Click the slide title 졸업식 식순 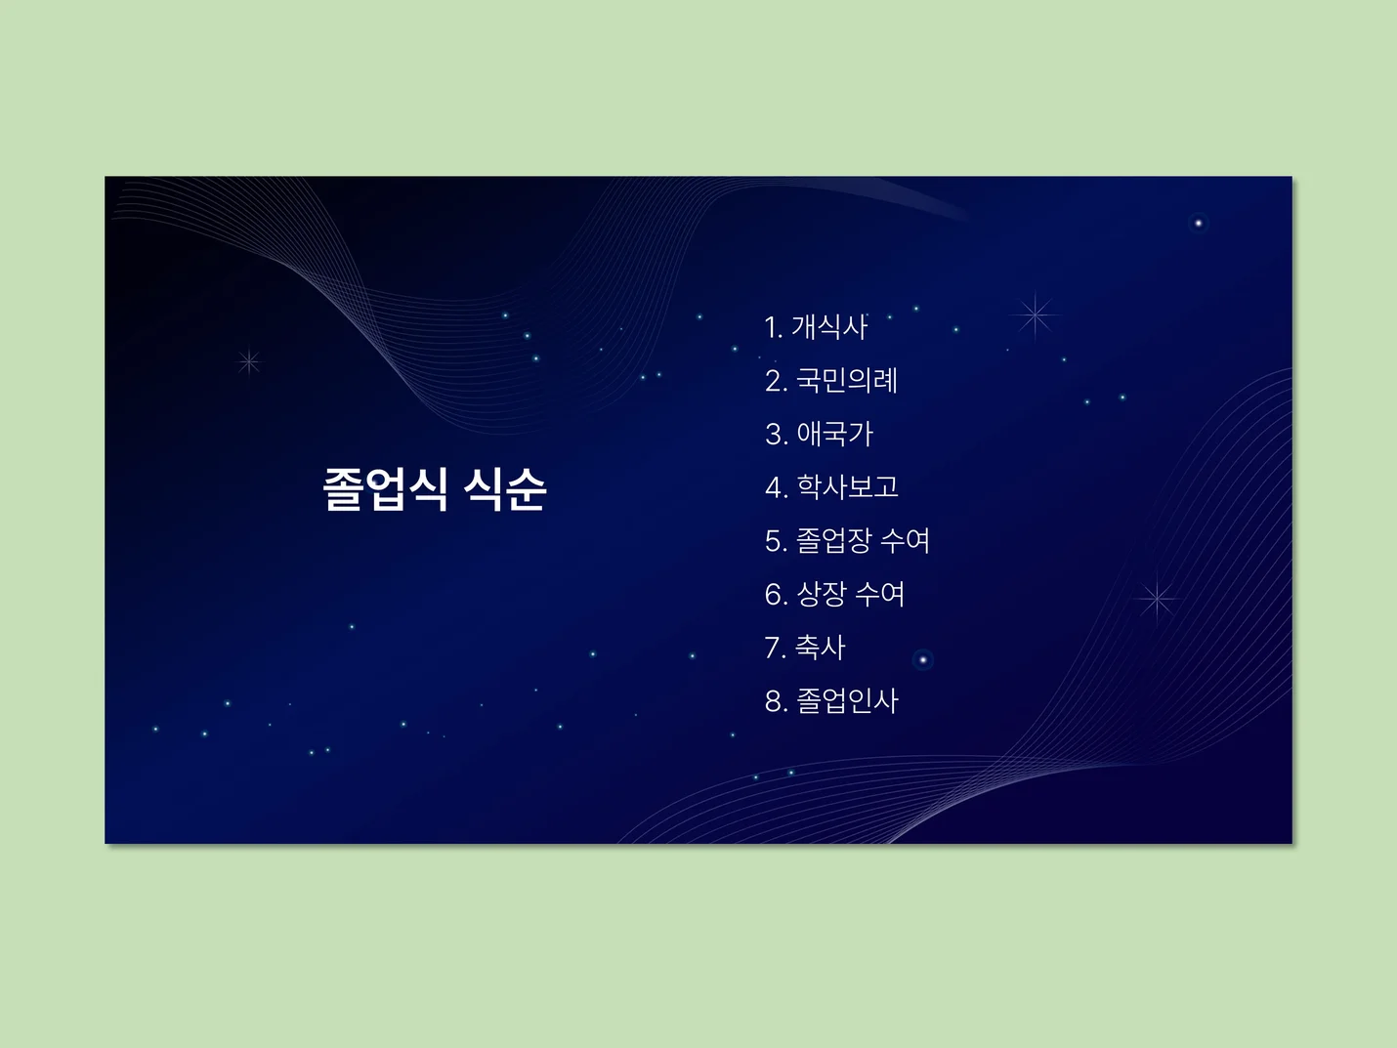pyautogui.click(x=435, y=488)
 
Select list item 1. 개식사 pyautogui.click(x=816, y=326)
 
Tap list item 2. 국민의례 pyautogui.click(x=831, y=380)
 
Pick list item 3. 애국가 pyautogui.click(x=819, y=434)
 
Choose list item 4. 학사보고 pyautogui.click(x=831, y=486)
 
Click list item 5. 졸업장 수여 pyautogui.click(x=847, y=540)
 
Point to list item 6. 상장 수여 pyautogui.click(x=834, y=594)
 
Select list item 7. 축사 pyautogui.click(x=805, y=647)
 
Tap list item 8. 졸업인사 pyautogui.click(x=831, y=700)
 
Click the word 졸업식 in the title pyautogui.click(x=386, y=488)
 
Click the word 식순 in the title pyautogui.click(x=505, y=488)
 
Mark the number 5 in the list pyautogui.click(x=774, y=541)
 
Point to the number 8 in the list pyautogui.click(x=774, y=701)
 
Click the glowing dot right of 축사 pyautogui.click(x=922, y=660)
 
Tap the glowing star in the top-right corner pyautogui.click(x=1198, y=223)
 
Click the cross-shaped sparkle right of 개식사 pyautogui.click(x=1036, y=314)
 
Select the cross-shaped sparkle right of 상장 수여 pyautogui.click(x=1157, y=598)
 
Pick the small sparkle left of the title pyautogui.click(x=249, y=362)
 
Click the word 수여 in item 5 pyautogui.click(x=905, y=540)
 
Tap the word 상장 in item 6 pyautogui.click(x=822, y=594)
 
